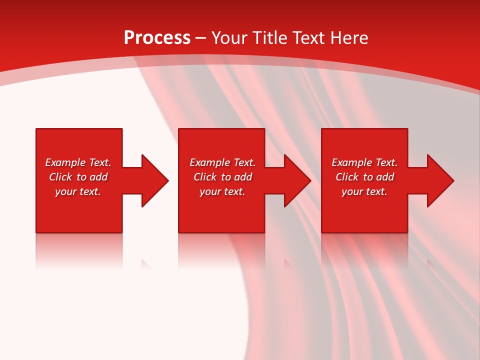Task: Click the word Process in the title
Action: pos(157,38)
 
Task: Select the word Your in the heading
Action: pos(229,38)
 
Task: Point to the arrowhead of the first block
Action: pos(154,180)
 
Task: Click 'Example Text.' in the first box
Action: pos(78,162)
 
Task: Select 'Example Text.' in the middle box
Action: pos(222,162)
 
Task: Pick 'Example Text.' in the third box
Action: pos(364,162)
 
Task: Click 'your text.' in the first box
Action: pos(78,191)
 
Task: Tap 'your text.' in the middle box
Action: pos(222,191)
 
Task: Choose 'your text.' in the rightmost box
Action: pos(364,191)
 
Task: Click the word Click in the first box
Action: pos(60,177)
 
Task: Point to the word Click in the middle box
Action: pos(205,177)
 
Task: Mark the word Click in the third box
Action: pos(347,177)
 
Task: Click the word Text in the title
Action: pos(308,38)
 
